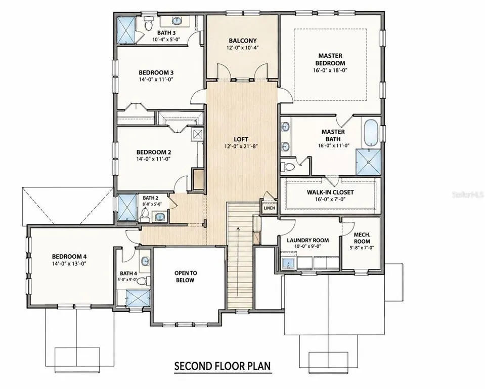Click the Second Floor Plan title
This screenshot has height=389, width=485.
pyautogui.click(x=223, y=366)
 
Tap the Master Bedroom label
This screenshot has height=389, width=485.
pyautogui.click(x=330, y=59)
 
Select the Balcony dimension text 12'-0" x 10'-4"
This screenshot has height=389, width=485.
pyautogui.click(x=243, y=48)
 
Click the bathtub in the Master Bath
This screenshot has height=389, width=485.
pyautogui.click(x=371, y=133)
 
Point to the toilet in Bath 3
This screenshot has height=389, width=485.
pyautogui.click(x=149, y=24)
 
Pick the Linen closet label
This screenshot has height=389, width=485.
pyautogui.click(x=270, y=208)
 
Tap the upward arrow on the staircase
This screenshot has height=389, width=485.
pyautogui.click(x=238, y=261)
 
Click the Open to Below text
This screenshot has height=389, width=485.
pyautogui.click(x=185, y=277)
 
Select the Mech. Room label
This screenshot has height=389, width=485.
pyautogui.click(x=362, y=238)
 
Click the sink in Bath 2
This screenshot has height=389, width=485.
pyautogui.click(x=160, y=217)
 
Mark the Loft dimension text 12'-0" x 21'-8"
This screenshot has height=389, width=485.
pyautogui.click(x=241, y=146)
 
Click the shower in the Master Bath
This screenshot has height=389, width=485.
pyautogui.click(x=368, y=162)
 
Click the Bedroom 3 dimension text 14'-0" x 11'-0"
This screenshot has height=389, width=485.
pyautogui.click(x=156, y=80)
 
